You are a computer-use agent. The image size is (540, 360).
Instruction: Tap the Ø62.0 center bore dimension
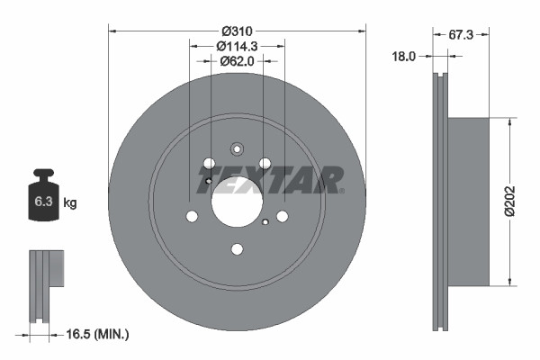click(237, 61)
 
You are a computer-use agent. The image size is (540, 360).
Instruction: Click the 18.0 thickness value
click(404, 56)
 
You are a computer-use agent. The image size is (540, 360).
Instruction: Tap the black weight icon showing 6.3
click(42, 198)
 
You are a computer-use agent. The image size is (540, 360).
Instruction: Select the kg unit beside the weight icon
click(69, 202)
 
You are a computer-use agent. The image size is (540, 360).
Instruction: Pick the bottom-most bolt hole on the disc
click(237, 249)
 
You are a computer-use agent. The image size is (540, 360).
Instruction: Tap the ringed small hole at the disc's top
click(237, 149)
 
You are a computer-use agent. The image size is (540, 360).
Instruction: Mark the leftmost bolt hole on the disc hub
click(192, 216)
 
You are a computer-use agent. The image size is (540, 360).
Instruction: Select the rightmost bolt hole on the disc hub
click(283, 216)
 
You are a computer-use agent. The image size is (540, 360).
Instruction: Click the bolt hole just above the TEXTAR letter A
click(265, 163)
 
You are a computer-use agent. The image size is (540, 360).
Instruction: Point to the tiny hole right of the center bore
click(266, 222)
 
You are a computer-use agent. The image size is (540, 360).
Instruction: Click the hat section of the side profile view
click(468, 199)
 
